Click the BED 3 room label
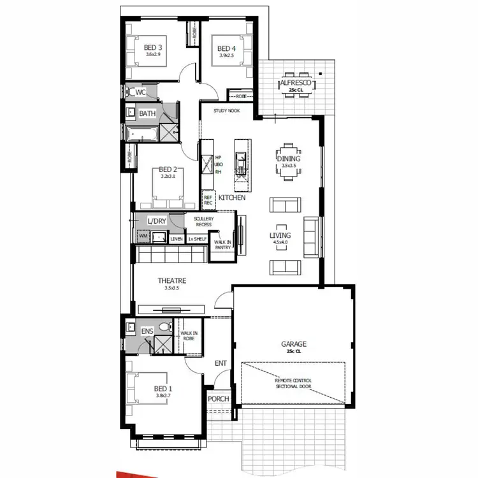[153, 47]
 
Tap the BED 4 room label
[226, 48]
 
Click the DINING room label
[288, 159]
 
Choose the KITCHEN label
[232, 198]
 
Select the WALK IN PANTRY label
[222, 245]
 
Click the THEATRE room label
[172, 280]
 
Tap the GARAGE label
[294, 344]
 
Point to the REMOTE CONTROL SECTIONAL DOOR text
[294, 383]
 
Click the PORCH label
[219, 399]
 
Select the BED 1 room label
[163, 389]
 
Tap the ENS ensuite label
[147, 331]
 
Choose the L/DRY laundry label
[156, 221]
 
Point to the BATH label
[147, 113]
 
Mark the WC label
[141, 92]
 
